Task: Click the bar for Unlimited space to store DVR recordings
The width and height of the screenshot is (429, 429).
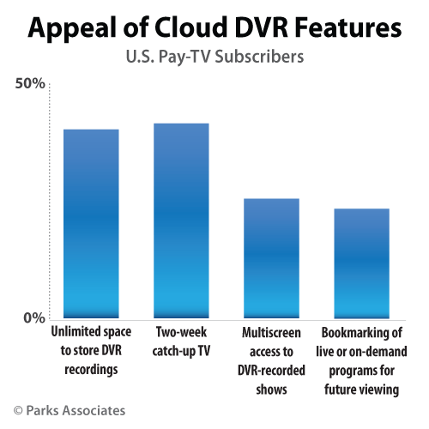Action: pyautogui.click(x=91, y=223)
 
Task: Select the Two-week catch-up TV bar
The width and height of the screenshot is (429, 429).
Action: pyautogui.click(x=181, y=221)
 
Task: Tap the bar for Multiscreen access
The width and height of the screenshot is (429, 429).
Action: pyautogui.click(x=272, y=257)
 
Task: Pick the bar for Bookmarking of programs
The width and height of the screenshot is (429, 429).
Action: pyautogui.click(x=362, y=263)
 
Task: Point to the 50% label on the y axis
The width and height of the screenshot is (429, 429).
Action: pyautogui.click(x=30, y=84)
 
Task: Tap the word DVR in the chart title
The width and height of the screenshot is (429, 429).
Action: pyautogui.click(x=253, y=29)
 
